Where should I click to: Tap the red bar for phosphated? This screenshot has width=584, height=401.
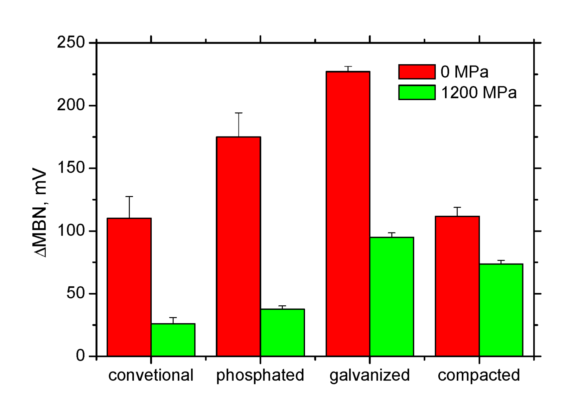(238, 246)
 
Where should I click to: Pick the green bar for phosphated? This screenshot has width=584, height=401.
(282, 332)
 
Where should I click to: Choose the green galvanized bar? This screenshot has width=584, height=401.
(392, 296)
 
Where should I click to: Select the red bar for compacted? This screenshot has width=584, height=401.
(457, 286)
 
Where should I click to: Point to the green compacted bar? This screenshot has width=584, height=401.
(501, 310)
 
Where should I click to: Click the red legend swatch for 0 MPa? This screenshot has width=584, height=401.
(417, 72)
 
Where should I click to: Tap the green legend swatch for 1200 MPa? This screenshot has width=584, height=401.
(417, 92)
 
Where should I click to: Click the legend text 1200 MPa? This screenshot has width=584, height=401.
(478, 92)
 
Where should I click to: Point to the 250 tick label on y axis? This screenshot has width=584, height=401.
(71, 42)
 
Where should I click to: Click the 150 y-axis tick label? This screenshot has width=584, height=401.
(71, 168)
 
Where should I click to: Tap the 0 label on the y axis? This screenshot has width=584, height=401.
(80, 356)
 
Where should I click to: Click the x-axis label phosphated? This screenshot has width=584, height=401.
(260, 375)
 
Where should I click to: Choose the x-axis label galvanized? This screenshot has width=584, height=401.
(370, 375)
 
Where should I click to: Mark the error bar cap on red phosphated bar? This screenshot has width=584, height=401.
(239, 113)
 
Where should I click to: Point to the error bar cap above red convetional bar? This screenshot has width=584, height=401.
(129, 197)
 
